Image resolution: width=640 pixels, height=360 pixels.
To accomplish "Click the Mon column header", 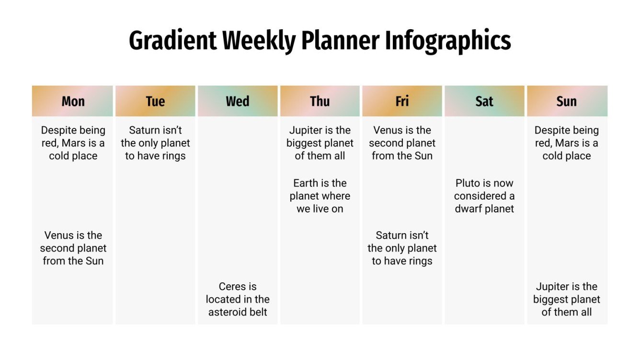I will [x=73, y=101].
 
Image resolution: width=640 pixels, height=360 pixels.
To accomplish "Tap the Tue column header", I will [x=155, y=101].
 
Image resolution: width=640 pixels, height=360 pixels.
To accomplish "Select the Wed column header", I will [x=238, y=101].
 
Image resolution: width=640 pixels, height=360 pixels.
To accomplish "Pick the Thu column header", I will [x=320, y=101].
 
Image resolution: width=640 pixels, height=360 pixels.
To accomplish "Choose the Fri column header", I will [x=402, y=101].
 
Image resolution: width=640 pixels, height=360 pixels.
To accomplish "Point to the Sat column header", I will [x=484, y=101].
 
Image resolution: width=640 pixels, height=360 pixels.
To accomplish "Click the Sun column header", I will [x=567, y=101].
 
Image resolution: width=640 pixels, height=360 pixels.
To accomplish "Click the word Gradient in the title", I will [x=172, y=41].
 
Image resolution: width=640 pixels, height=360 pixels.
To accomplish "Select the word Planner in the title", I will [x=341, y=41].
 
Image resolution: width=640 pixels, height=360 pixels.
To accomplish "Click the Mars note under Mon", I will [x=73, y=143].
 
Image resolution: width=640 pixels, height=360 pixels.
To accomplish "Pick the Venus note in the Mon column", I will [x=73, y=248].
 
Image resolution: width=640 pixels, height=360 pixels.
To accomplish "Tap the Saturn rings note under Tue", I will [x=155, y=143].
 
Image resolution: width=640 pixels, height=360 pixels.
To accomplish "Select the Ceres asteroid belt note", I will [x=238, y=299].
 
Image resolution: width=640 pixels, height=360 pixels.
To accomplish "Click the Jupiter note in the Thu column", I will [x=320, y=143].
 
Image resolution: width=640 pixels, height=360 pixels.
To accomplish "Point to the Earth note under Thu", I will [x=320, y=196].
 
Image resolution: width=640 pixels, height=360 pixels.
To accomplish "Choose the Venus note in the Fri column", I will [x=402, y=143].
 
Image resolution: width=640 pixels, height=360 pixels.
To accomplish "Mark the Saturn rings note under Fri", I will [x=402, y=248].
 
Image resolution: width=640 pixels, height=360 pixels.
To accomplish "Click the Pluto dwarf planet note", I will [x=484, y=196].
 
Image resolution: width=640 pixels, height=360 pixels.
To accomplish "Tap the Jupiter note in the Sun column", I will [x=567, y=299].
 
